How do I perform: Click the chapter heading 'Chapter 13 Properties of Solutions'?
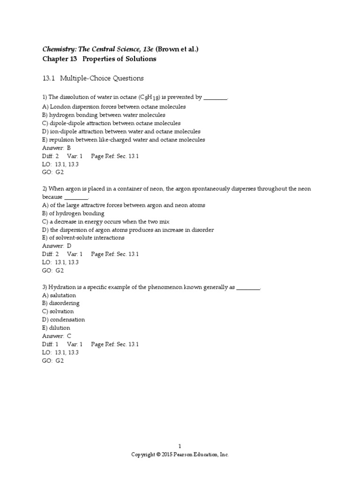(99, 59)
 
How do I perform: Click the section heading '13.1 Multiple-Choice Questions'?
(93, 78)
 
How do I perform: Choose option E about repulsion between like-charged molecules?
(123, 140)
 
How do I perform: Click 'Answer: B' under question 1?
(56, 148)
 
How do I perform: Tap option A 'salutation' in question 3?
(59, 295)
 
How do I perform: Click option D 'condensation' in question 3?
(63, 320)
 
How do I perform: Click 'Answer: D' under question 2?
(57, 246)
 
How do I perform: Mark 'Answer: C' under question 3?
(57, 336)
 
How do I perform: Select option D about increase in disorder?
(128, 230)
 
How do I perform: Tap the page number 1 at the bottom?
(180, 446)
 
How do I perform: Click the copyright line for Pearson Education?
(180, 455)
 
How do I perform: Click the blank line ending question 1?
(216, 98)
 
